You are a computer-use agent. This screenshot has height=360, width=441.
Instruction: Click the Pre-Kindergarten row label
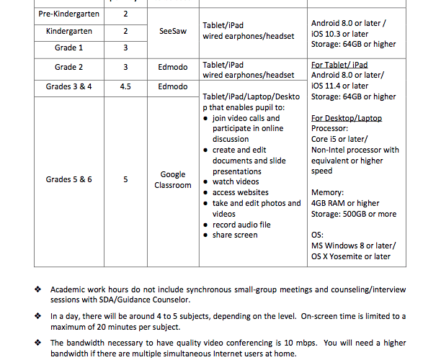tap(68, 14)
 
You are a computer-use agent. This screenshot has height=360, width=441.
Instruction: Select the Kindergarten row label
tap(68, 31)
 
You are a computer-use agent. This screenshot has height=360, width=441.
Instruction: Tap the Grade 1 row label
tap(68, 48)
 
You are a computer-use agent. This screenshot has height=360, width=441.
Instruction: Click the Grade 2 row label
tap(68, 67)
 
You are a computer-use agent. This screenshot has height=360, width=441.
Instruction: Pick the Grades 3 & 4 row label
tap(68, 86)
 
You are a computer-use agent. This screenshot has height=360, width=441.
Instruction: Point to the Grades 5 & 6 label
tap(68, 179)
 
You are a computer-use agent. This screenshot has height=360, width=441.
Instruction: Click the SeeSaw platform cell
tap(173, 31)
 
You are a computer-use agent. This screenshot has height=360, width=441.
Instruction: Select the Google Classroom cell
tap(173, 179)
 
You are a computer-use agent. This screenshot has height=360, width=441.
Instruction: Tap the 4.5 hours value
tap(125, 86)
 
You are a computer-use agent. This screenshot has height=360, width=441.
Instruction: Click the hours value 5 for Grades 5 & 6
tap(125, 179)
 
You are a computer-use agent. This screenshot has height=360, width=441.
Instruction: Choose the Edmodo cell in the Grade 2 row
tap(173, 67)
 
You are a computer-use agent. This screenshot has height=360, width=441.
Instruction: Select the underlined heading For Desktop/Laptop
tap(347, 118)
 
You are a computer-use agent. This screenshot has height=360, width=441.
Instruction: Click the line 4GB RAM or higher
tap(345, 203)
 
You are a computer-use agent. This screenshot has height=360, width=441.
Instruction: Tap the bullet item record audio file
tap(241, 225)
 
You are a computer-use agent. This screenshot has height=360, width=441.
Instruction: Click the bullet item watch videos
tap(236, 181)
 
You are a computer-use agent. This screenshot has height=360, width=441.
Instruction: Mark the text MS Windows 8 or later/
tap(353, 246)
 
